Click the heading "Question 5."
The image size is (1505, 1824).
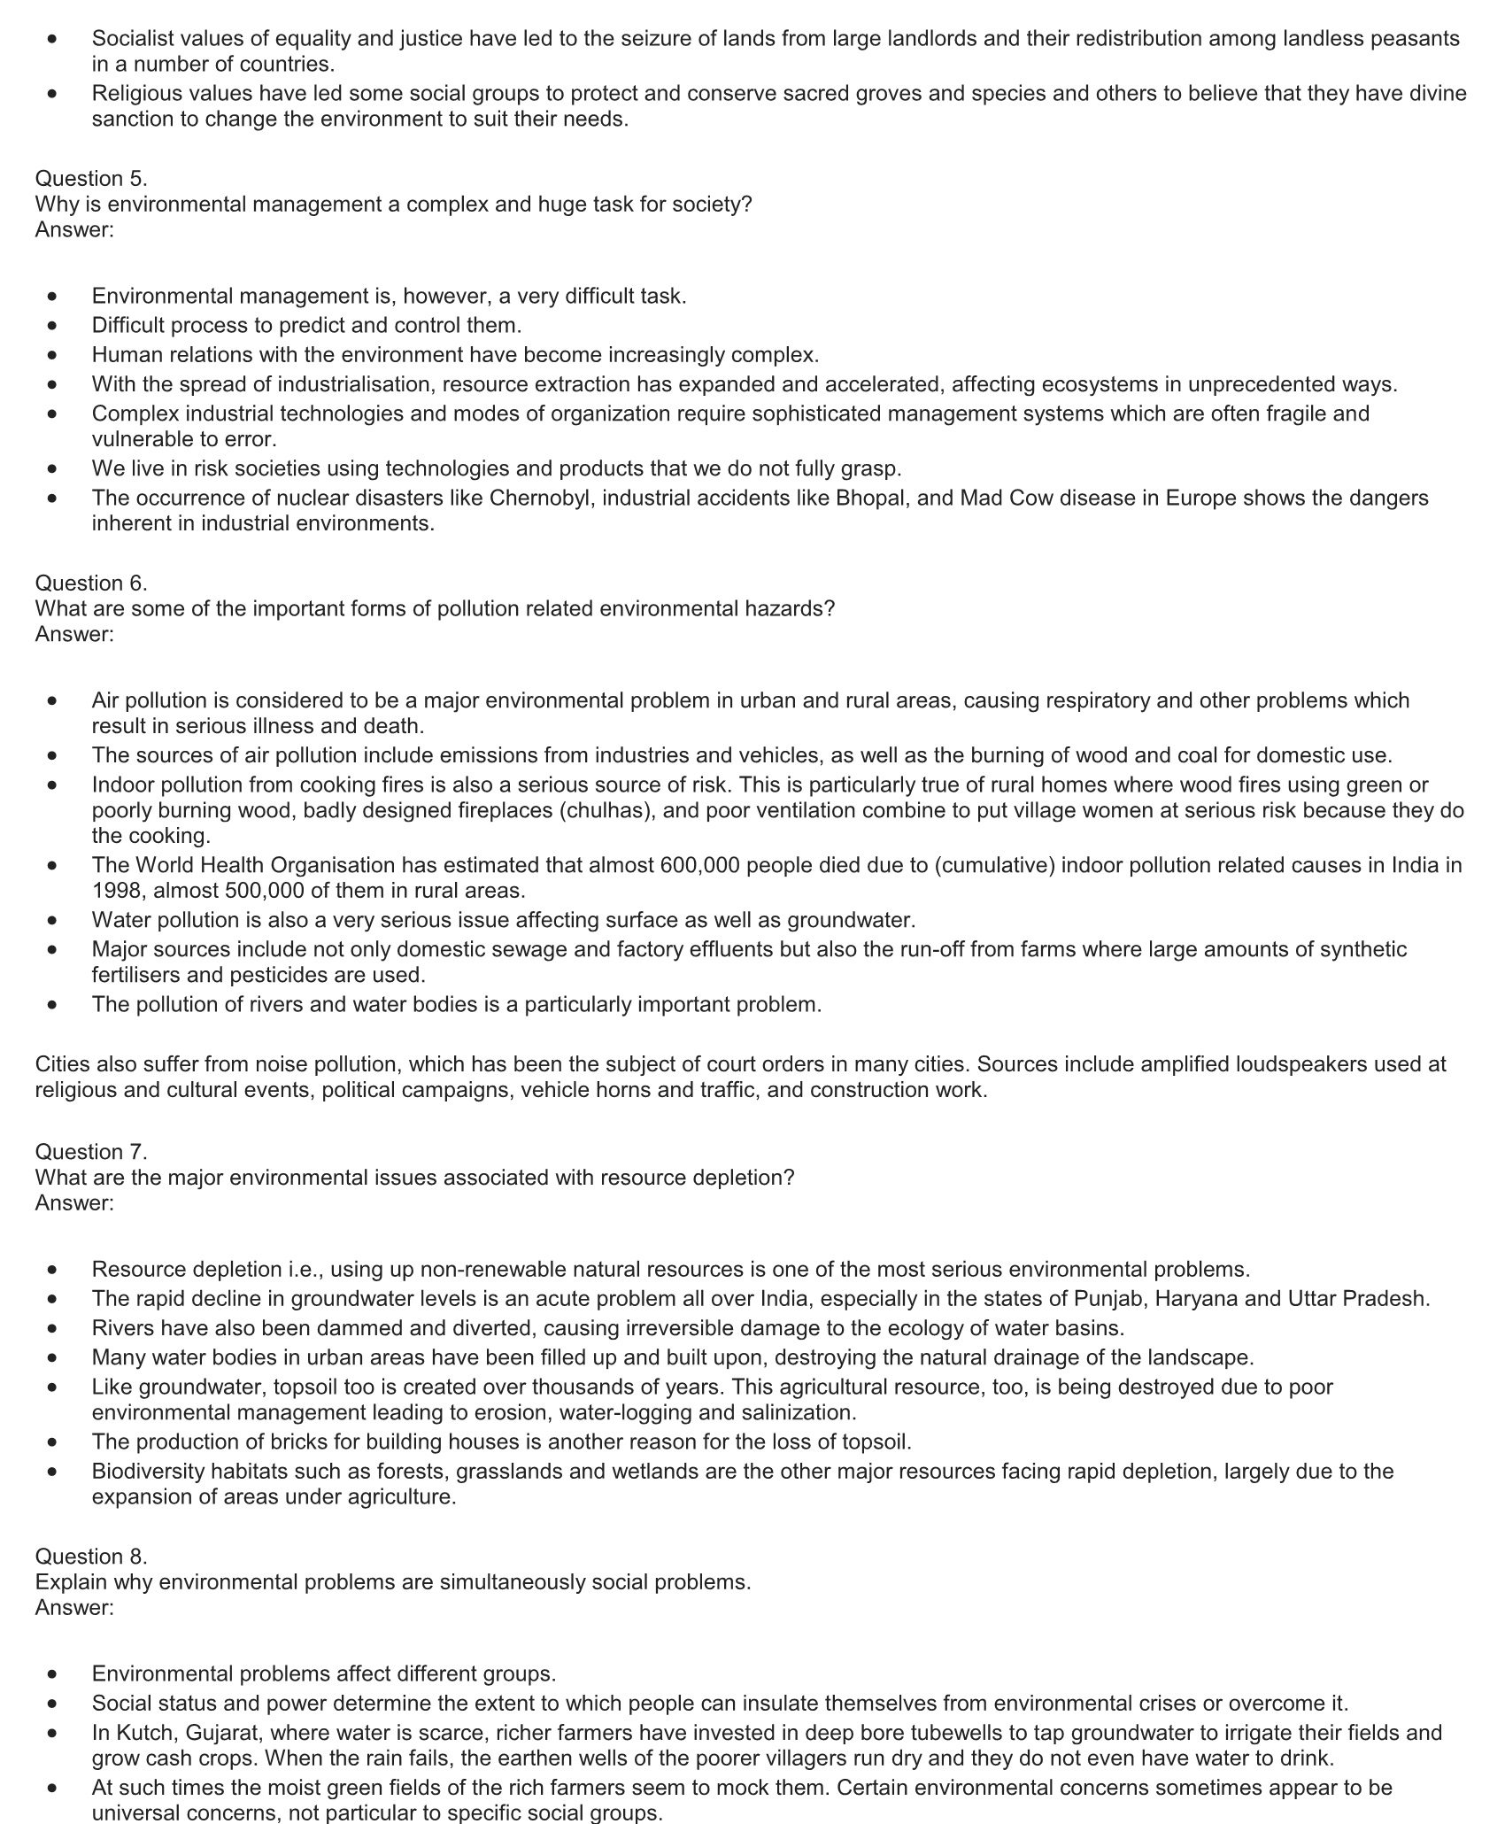pos(91,179)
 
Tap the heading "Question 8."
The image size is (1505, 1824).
pos(91,1556)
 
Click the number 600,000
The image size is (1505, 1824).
pos(700,865)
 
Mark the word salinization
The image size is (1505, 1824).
pos(799,1412)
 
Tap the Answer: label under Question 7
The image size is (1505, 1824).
pos(74,1203)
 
